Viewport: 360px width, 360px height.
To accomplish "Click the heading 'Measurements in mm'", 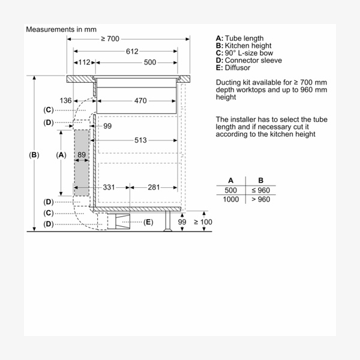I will click(x=61, y=29).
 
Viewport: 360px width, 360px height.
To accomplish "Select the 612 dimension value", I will click(x=133, y=51).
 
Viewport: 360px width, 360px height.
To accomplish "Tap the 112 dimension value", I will click(x=84, y=62).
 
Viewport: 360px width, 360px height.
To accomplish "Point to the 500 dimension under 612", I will click(x=150, y=62).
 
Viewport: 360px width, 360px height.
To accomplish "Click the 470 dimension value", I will click(x=140, y=101).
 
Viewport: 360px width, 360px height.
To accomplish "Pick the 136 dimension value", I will click(x=65, y=101).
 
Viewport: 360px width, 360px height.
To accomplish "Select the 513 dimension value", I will click(x=140, y=140).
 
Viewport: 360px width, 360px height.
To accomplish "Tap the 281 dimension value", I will click(x=154, y=187).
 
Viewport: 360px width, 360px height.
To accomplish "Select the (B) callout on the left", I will click(x=34, y=155).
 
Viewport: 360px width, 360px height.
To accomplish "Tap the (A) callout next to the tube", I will click(x=60, y=155).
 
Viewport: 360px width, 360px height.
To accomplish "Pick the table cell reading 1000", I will click(x=231, y=199).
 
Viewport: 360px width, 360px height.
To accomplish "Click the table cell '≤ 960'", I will click(x=260, y=190).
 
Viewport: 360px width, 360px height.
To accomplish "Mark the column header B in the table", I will click(x=260, y=180).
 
